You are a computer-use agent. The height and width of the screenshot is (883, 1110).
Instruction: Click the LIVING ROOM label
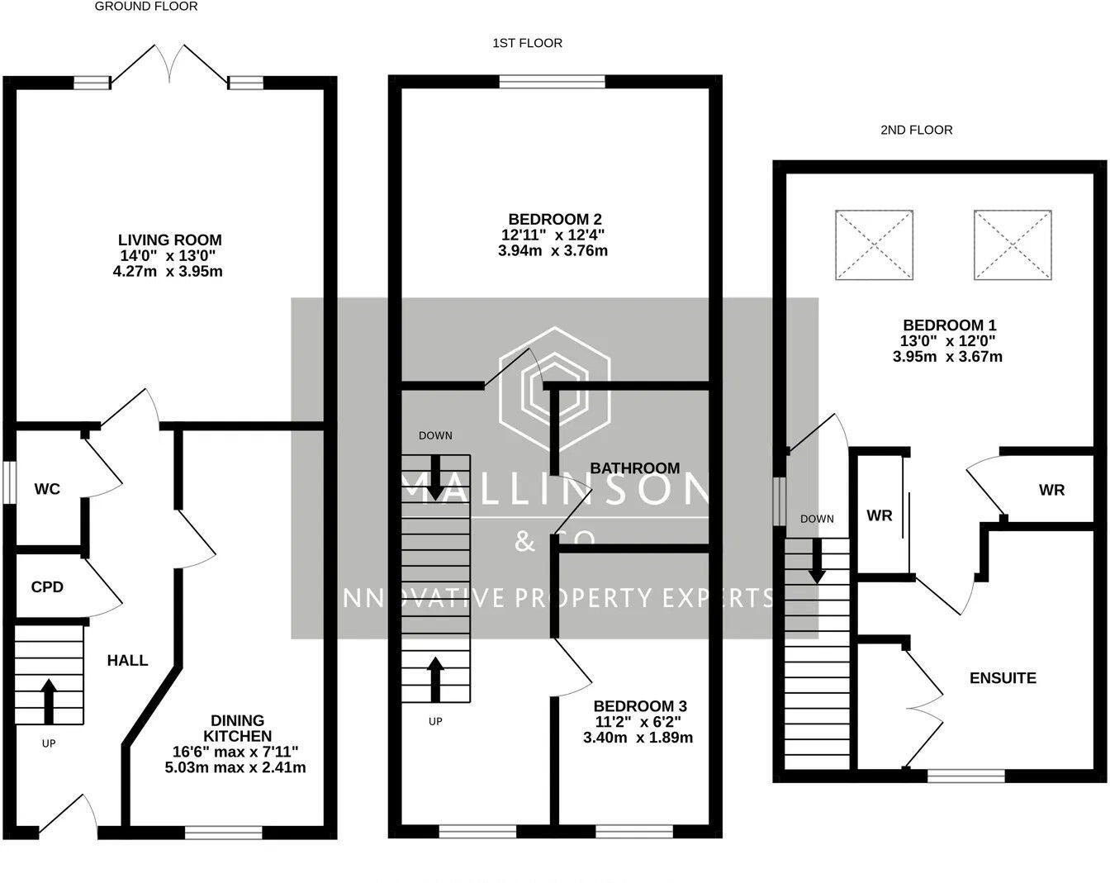coord(169,240)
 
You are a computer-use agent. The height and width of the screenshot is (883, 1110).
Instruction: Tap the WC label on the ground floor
coord(47,489)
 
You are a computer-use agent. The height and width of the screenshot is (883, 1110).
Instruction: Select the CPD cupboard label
coord(47,587)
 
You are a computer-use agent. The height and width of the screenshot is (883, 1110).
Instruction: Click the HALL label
coord(127,660)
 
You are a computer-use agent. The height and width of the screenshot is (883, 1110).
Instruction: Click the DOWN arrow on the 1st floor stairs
coord(435,478)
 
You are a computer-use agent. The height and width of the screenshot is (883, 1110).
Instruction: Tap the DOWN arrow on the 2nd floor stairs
coord(817,562)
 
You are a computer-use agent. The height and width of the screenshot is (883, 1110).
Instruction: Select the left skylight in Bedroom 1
coord(874,246)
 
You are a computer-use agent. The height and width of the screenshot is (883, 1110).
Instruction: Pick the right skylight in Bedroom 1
coord(1013,246)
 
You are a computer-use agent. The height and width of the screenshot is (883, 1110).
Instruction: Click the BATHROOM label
coord(634,468)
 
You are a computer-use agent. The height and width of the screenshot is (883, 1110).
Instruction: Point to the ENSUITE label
coord(1003,678)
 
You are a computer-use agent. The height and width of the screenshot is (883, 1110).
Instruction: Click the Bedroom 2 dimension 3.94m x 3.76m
coord(553,250)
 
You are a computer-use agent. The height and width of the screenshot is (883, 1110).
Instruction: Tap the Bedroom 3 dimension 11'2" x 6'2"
coord(638,722)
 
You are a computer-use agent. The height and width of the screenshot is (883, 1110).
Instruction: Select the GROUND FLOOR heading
coord(146,7)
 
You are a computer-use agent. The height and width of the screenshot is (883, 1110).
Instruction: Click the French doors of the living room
coord(169,64)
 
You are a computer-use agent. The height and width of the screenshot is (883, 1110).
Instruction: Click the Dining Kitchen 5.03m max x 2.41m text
coord(235,767)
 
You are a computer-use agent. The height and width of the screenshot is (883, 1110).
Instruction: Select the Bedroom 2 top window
coord(553,82)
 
